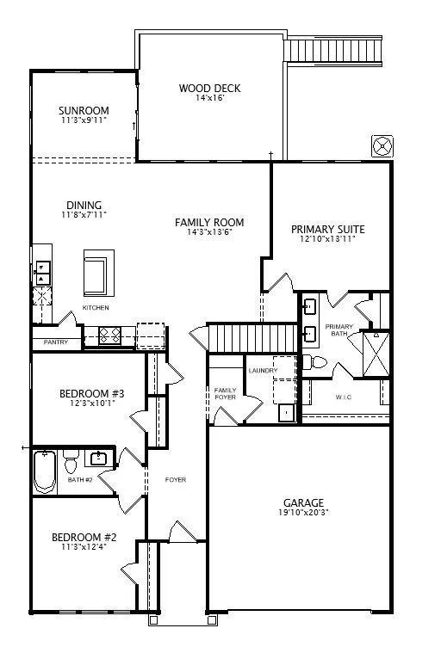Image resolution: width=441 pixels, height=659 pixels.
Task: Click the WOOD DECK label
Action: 209,89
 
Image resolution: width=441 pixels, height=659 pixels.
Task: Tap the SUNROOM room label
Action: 84,110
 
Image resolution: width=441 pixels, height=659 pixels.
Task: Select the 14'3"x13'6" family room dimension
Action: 209,231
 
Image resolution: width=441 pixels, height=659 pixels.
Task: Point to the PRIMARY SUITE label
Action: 328,229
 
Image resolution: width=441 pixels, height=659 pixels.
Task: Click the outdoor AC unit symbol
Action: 382,146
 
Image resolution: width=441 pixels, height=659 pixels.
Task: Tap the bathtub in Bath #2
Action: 45,471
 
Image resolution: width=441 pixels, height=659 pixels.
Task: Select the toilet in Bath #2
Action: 71,461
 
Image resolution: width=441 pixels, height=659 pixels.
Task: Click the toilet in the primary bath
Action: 315,362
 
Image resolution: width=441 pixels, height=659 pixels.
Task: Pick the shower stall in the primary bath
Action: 376,354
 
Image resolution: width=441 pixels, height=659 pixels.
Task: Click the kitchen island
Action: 99,273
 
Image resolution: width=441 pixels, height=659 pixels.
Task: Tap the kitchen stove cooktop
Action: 110,336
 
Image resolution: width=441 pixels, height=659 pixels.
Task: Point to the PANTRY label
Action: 55,342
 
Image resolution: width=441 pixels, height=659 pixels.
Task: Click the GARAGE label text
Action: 303,502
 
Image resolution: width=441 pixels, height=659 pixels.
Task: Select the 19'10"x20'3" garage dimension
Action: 303,513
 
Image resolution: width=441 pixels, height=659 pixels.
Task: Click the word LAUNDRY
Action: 263,370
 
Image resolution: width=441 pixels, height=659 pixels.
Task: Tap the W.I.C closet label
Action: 344,397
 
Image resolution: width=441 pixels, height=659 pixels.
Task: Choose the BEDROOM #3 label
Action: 92,394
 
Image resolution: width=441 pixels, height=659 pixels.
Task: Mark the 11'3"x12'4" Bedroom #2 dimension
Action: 84,547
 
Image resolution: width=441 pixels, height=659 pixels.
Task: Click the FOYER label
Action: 176,479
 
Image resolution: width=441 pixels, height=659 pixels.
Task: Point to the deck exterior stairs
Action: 333,52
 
